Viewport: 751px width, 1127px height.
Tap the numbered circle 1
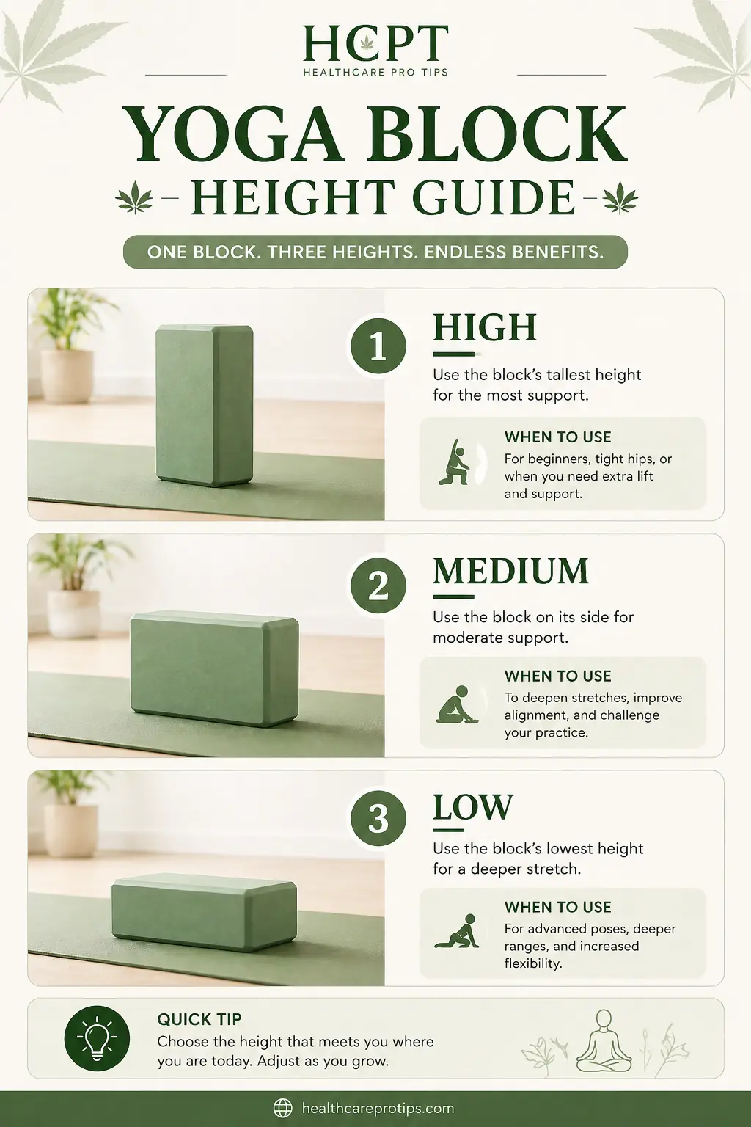point(378,346)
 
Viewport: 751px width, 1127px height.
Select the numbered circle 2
point(378,586)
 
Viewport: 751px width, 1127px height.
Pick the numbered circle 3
point(378,818)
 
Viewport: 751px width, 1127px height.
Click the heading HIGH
point(485,328)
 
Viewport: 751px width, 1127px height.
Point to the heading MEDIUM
point(510,571)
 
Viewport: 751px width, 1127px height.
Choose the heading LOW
point(472,807)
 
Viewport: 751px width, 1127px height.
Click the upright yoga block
point(204,405)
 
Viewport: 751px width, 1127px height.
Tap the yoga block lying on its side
point(214,668)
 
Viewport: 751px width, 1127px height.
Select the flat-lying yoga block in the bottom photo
point(204,911)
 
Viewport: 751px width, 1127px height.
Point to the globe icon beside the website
point(283,1108)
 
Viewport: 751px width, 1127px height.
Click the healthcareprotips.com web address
point(378,1108)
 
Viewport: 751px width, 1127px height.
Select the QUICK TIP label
point(199,1019)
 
